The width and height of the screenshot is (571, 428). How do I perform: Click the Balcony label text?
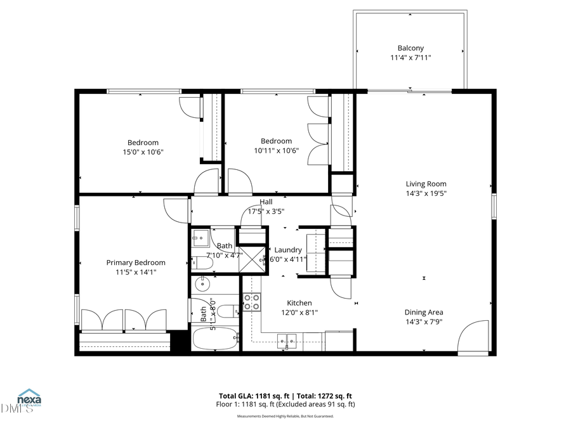[410, 48]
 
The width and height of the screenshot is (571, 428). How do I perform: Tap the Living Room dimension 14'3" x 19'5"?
[427, 193]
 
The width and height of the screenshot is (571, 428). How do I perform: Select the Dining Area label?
[424, 312]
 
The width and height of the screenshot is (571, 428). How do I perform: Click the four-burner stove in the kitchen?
[252, 302]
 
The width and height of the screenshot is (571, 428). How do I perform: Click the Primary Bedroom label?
[136, 263]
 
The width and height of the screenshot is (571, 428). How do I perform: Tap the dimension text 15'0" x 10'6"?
[143, 152]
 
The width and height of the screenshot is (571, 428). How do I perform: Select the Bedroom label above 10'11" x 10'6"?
[277, 141]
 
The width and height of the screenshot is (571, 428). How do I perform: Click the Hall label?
[266, 202]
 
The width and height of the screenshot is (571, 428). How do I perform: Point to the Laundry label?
[288, 250]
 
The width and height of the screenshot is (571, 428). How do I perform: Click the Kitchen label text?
[299, 303]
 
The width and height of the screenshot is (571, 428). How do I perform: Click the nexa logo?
[29, 399]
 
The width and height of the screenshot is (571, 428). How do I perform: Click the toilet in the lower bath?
[233, 311]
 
